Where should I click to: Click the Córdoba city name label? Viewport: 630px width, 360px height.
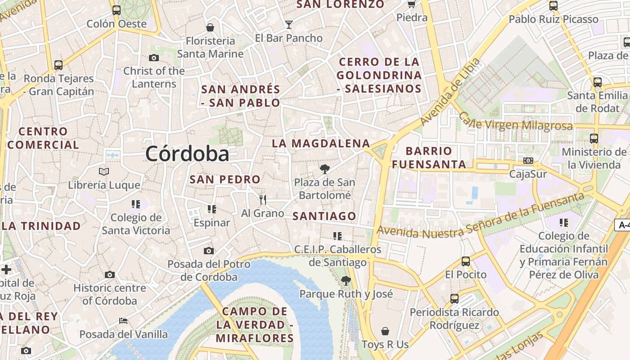tap(187, 154)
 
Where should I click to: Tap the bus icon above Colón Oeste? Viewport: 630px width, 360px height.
tap(117, 10)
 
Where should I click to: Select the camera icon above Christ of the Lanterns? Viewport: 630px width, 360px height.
tap(154, 58)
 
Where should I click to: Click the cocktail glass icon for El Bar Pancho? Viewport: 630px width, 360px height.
tap(289, 24)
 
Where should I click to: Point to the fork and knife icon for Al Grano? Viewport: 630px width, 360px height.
tap(263, 199)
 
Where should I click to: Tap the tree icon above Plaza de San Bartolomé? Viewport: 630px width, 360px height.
tap(324, 169)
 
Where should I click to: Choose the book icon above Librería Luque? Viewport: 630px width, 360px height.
tap(104, 171)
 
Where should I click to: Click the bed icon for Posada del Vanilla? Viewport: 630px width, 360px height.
tap(123, 321)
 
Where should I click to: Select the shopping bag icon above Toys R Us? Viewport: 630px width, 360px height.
tap(385, 331)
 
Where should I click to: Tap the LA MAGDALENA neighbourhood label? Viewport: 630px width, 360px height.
tap(321, 144)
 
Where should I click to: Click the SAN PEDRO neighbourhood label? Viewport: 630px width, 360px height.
tap(225, 179)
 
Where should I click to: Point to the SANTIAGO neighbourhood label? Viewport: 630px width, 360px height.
tap(324, 216)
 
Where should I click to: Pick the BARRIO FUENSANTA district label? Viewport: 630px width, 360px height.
tap(429, 157)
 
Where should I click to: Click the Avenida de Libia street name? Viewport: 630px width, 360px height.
tap(450, 92)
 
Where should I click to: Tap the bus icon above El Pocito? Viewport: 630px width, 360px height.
tap(466, 261)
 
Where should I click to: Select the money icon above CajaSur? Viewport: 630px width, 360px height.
tap(528, 161)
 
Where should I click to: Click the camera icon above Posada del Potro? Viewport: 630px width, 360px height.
tap(209, 251)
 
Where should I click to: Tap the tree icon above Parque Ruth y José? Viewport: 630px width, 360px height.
tap(346, 281)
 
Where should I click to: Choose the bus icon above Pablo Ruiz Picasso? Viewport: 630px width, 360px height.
tap(553, 6)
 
